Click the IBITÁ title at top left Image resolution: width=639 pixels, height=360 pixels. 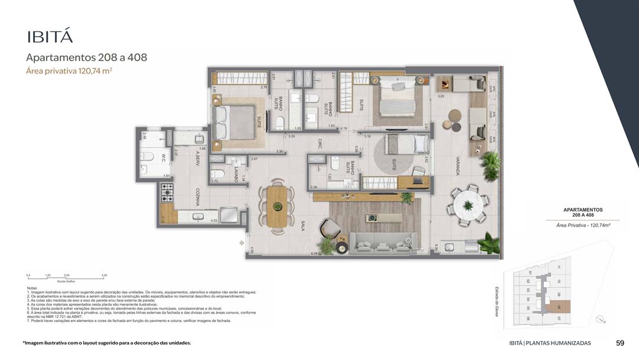coord(50,37)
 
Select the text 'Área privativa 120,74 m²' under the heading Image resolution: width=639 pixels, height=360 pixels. coord(69,71)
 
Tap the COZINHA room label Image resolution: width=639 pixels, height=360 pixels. coord(198,195)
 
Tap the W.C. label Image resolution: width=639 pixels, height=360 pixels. coord(163,159)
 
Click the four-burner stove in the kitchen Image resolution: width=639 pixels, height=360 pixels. coord(167,191)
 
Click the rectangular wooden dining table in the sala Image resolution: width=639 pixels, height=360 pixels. coord(277,207)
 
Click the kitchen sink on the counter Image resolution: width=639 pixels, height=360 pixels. coord(197,216)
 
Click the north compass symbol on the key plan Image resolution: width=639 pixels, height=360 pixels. coord(601,320)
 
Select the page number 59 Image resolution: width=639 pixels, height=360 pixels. coord(620,343)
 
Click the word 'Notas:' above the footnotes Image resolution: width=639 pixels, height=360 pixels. coord(33,288)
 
